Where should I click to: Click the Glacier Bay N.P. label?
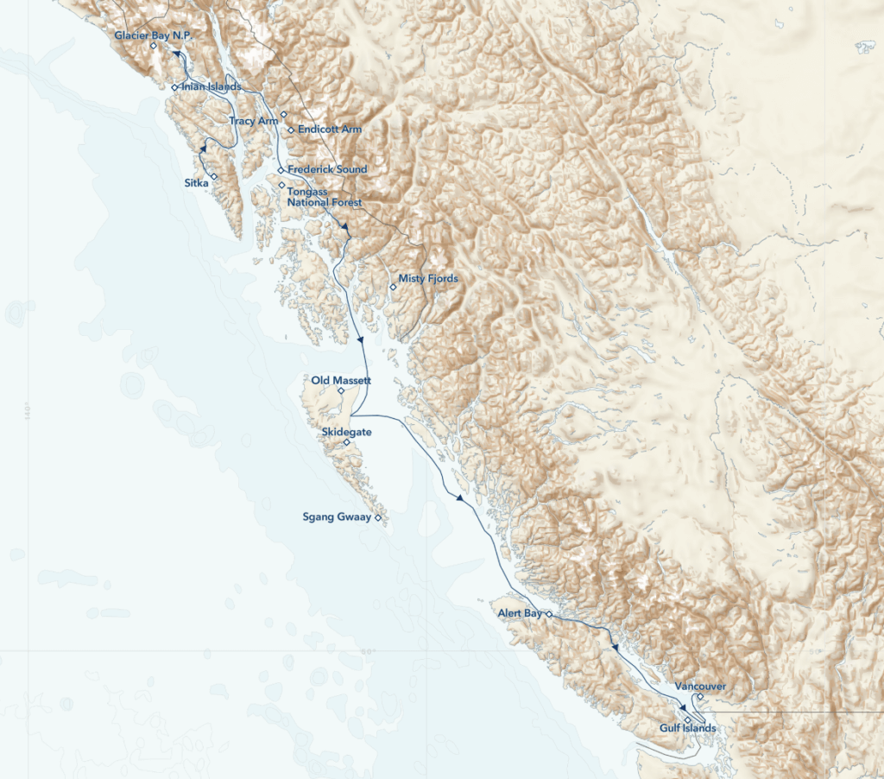click(x=151, y=35)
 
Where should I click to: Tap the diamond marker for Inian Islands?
click(x=174, y=87)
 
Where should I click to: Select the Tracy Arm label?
click(x=254, y=121)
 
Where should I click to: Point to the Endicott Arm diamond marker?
click(x=291, y=130)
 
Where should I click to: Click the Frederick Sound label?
click(x=327, y=169)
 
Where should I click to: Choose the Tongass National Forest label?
click(x=325, y=196)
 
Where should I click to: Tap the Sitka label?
click(x=196, y=183)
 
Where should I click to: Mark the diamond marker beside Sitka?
click(x=214, y=177)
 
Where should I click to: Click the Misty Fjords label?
click(x=427, y=279)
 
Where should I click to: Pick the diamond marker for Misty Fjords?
click(x=393, y=287)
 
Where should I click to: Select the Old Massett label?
click(x=341, y=380)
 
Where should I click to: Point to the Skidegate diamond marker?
click(x=347, y=443)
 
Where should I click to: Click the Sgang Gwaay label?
click(x=336, y=518)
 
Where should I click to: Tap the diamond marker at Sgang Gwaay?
click(x=378, y=517)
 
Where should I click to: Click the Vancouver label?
click(x=700, y=686)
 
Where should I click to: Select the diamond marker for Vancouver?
click(x=700, y=697)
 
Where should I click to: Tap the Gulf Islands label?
click(x=687, y=728)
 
